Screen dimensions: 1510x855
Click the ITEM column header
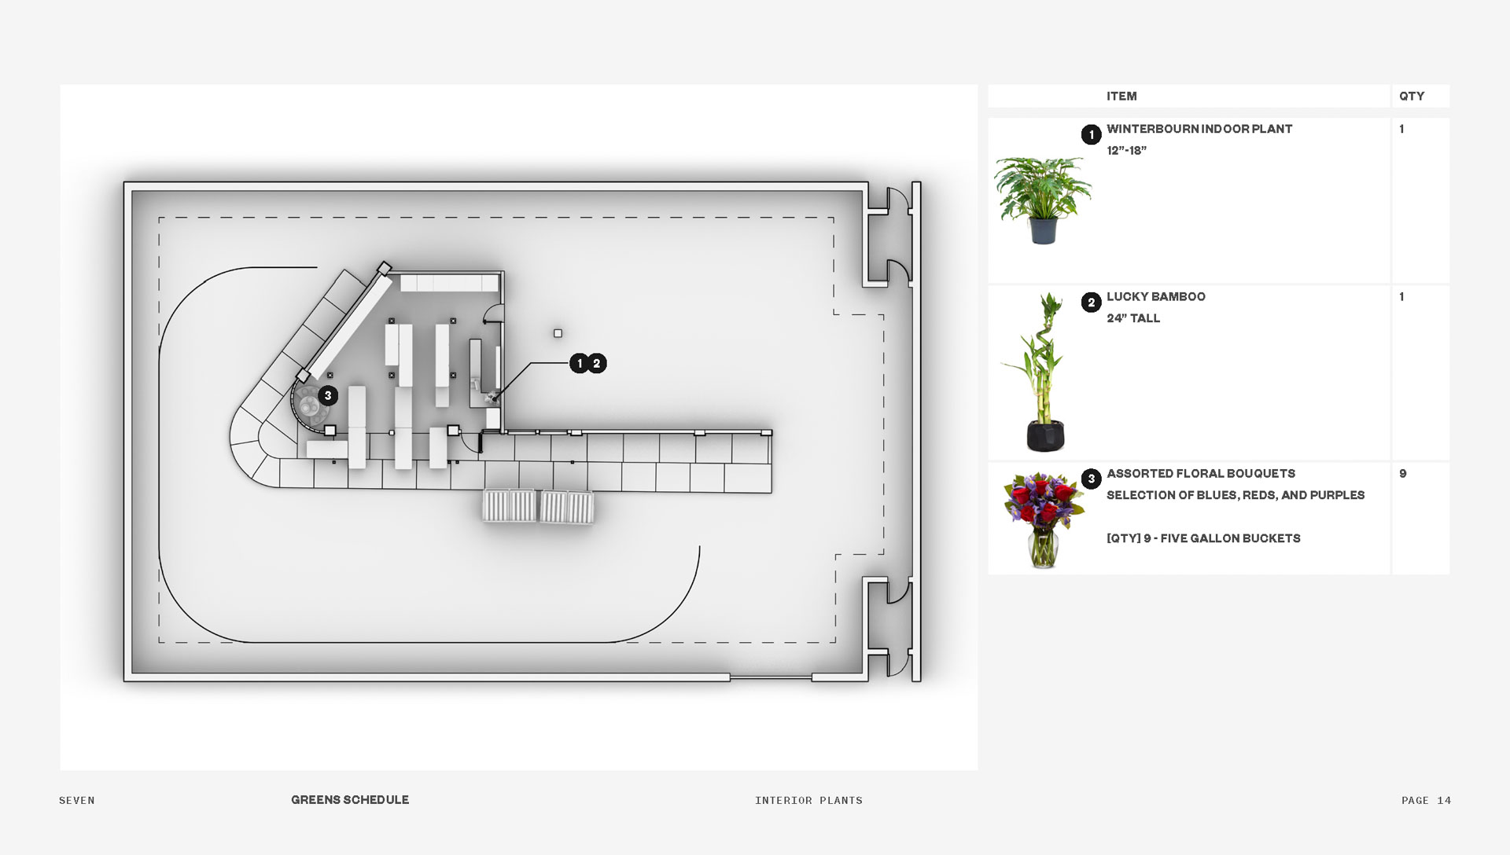(1121, 96)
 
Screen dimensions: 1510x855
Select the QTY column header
(1411, 96)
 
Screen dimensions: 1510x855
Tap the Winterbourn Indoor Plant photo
(1042, 200)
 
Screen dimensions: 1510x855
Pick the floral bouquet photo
(1043, 518)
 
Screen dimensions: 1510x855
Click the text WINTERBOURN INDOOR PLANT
(1199, 129)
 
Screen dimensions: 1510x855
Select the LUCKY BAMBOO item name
(1155, 296)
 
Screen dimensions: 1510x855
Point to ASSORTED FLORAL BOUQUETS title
(1200, 473)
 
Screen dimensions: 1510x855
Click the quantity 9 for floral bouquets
(1403, 473)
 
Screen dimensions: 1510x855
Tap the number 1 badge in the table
(1091, 134)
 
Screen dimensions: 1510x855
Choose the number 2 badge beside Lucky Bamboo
(1091, 303)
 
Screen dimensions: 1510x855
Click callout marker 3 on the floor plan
(328, 396)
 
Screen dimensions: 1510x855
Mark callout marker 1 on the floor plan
(580, 363)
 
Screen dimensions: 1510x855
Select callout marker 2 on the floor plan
(597, 363)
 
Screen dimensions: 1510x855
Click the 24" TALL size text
(1132, 318)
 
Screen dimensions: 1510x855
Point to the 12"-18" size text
(1126, 151)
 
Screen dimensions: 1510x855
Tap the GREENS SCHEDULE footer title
(350, 800)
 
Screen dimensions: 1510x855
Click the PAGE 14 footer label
(1426, 801)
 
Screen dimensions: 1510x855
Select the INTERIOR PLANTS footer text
(808, 801)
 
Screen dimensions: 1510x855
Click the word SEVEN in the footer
(77, 801)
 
